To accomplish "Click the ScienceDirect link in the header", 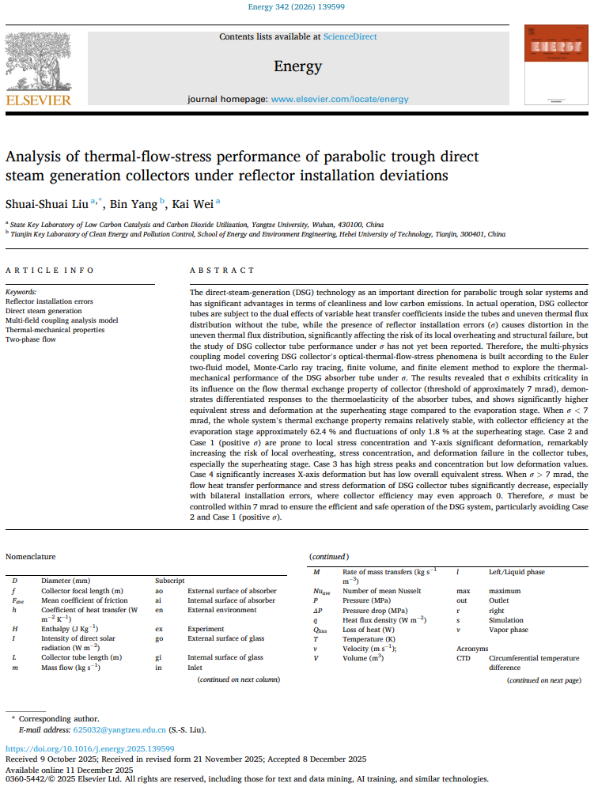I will click(x=349, y=36).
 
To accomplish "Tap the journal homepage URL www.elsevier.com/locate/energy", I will click(x=339, y=99).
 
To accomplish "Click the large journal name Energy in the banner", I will click(x=298, y=66).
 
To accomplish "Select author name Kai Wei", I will click(x=195, y=203).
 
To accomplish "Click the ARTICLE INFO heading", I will click(x=49, y=270).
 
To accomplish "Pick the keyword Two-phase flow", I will click(x=32, y=339).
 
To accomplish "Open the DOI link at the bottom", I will click(x=90, y=748).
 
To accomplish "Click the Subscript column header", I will click(x=170, y=581).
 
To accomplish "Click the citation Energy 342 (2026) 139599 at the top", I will click(x=298, y=7).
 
